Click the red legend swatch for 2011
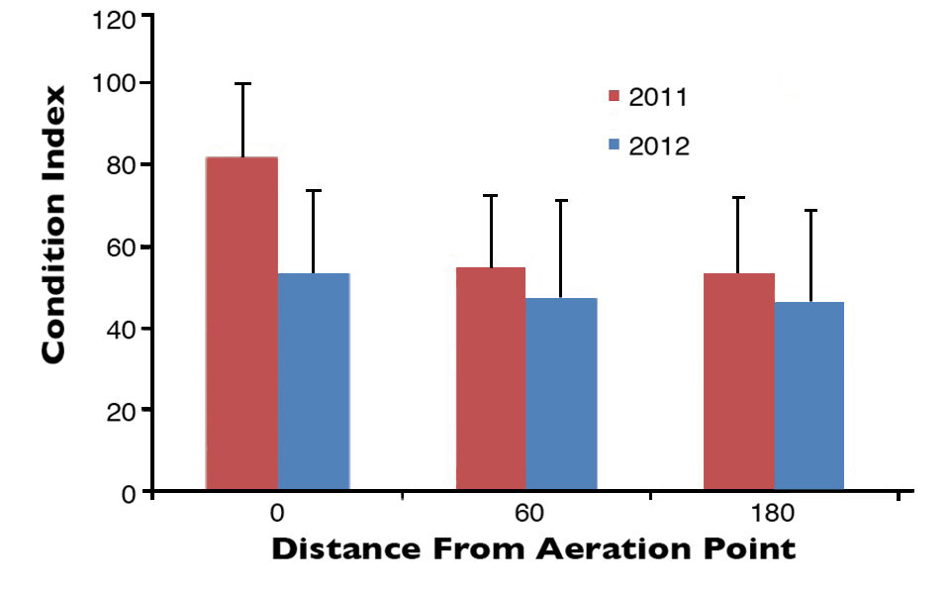(x=614, y=97)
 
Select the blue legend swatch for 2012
(x=614, y=146)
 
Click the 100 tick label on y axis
(x=117, y=84)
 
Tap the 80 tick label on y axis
(x=123, y=165)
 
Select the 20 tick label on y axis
(x=123, y=410)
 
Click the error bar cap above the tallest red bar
(x=242, y=83)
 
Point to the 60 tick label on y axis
(x=123, y=246)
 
